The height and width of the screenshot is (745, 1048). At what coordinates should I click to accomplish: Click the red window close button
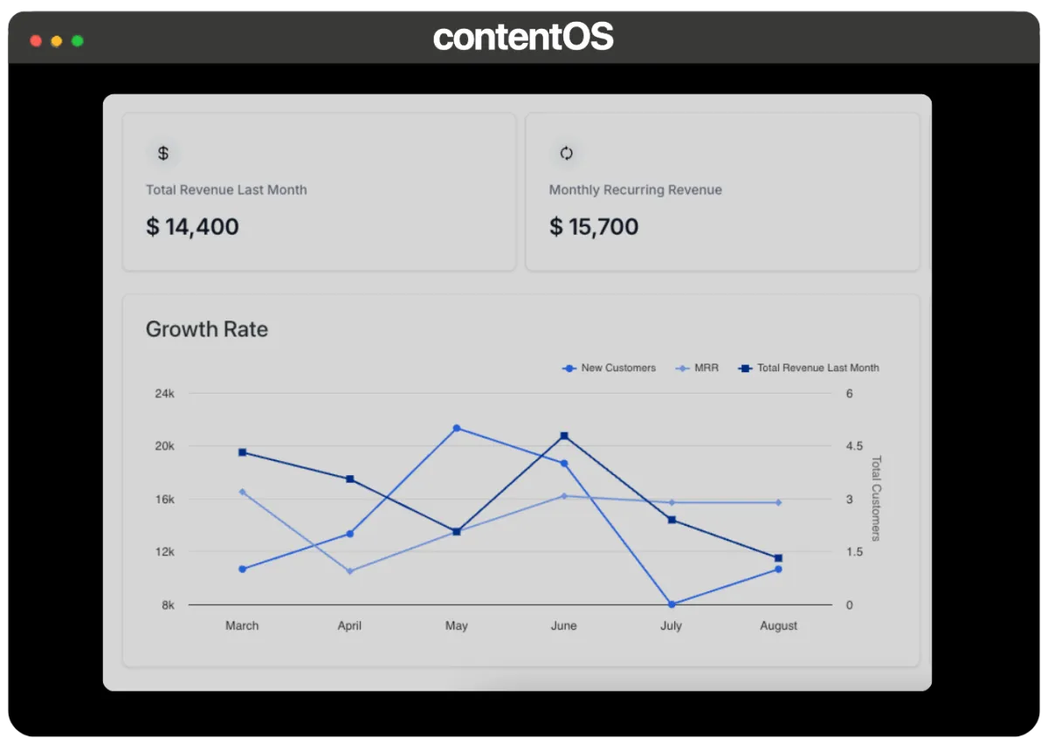point(36,41)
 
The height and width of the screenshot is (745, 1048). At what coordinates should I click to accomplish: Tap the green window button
point(78,41)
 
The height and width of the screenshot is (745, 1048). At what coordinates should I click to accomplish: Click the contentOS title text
point(523,37)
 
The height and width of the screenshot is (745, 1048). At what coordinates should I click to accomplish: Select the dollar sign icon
point(162,153)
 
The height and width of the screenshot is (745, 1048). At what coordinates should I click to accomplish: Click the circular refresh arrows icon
point(566,153)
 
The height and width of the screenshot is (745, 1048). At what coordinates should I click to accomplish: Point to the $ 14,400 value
point(192,227)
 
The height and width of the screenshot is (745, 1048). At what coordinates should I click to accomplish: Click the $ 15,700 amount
point(594,227)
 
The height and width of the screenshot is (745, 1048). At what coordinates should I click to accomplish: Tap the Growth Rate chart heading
point(207,329)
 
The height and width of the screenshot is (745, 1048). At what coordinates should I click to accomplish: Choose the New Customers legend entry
point(609,368)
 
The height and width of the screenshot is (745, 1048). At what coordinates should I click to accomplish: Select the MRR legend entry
point(697,368)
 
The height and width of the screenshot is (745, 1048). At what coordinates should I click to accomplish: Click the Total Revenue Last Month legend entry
point(809,368)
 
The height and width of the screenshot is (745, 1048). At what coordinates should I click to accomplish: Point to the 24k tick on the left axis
point(165,394)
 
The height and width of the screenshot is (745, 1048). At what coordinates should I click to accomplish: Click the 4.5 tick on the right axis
point(854,446)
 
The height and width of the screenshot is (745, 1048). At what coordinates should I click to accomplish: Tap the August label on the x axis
point(778,625)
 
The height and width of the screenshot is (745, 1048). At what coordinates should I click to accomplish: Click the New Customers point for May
point(457,428)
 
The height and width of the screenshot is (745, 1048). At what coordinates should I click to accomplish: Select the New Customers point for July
point(672,604)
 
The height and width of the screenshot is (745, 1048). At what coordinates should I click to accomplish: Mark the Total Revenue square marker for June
point(564,436)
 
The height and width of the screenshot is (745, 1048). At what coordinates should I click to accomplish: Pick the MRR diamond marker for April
point(349,571)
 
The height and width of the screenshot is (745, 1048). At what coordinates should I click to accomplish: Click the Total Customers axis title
point(876,499)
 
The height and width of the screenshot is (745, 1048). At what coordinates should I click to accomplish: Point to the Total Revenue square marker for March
point(243,452)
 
